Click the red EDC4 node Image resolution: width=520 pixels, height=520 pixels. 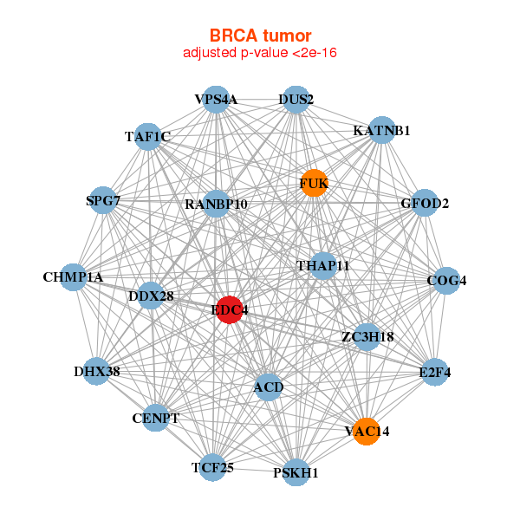pyautogui.click(x=228, y=309)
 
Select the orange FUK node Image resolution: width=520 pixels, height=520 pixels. pyautogui.click(x=314, y=183)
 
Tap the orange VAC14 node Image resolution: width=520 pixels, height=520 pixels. pyautogui.click(x=367, y=431)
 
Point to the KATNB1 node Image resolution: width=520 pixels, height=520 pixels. pyautogui.click(x=381, y=130)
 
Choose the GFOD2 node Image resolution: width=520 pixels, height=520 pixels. pyautogui.click(x=425, y=204)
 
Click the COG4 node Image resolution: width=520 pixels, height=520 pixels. pyautogui.click(x=446, y=281)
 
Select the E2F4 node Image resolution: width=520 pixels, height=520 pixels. pyautogui.click(x=434, y=373)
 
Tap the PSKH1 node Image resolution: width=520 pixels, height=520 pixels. pyautogui.click(x=296, y=472)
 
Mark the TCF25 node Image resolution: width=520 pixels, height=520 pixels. pyautogui.click(x=213, y=468)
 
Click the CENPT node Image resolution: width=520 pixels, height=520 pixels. pyautogui.click(x=156, y=419)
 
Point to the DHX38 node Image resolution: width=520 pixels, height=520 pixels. pyautogui.click(x=97, y=372)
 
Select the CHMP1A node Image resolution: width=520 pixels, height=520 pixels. pyautogui.click(x=74, y=277)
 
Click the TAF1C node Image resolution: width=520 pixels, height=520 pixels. pyautogui.click(x=148, y=136)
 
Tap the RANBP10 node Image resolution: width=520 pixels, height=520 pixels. pyautogui.click(x=217, y=205)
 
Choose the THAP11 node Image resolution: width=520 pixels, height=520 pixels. pyautogui.click(x=322, y=265)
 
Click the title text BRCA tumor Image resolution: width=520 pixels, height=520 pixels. pyautogui.click(x=260, y=36)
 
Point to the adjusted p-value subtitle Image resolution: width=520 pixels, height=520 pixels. pyautogui.click(x=260, y=53)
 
